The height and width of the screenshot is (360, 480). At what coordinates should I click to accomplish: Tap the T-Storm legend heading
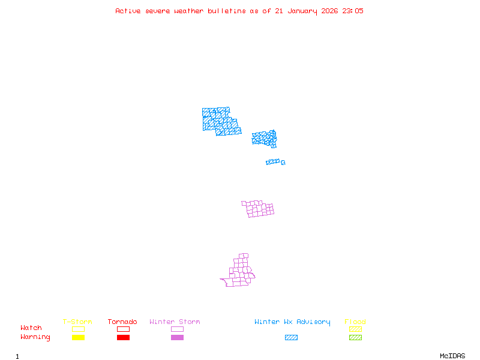tap(77, 322)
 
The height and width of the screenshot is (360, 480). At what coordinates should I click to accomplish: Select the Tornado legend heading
tap(122, 322)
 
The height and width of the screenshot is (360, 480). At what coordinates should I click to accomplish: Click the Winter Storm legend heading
tap(175, 322)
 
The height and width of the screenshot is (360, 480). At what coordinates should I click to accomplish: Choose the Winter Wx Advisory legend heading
tap(292, 322)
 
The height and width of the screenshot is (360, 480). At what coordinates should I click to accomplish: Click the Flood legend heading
tap(355, 322)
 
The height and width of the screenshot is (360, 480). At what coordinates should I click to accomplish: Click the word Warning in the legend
tap(35, 337)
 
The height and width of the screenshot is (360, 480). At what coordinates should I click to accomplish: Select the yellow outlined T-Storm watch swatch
tap(78, 329)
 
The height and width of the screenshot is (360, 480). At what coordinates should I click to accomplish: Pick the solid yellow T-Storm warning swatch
tap(78, 337)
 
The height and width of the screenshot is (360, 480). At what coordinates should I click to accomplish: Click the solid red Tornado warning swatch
tap(123, 337)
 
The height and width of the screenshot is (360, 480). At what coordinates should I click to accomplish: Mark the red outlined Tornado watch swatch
tap(123, 329)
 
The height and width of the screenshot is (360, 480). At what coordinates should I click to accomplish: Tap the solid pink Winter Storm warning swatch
tap(177, 337)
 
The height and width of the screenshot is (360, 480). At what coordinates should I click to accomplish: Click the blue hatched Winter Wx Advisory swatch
tap(291, 337)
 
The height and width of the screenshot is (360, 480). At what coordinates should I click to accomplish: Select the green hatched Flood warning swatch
tap(355, 337)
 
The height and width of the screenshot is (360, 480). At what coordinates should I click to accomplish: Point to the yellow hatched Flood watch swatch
tap(355, 329)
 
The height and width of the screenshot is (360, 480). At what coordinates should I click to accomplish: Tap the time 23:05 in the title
tap(353, 11)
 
